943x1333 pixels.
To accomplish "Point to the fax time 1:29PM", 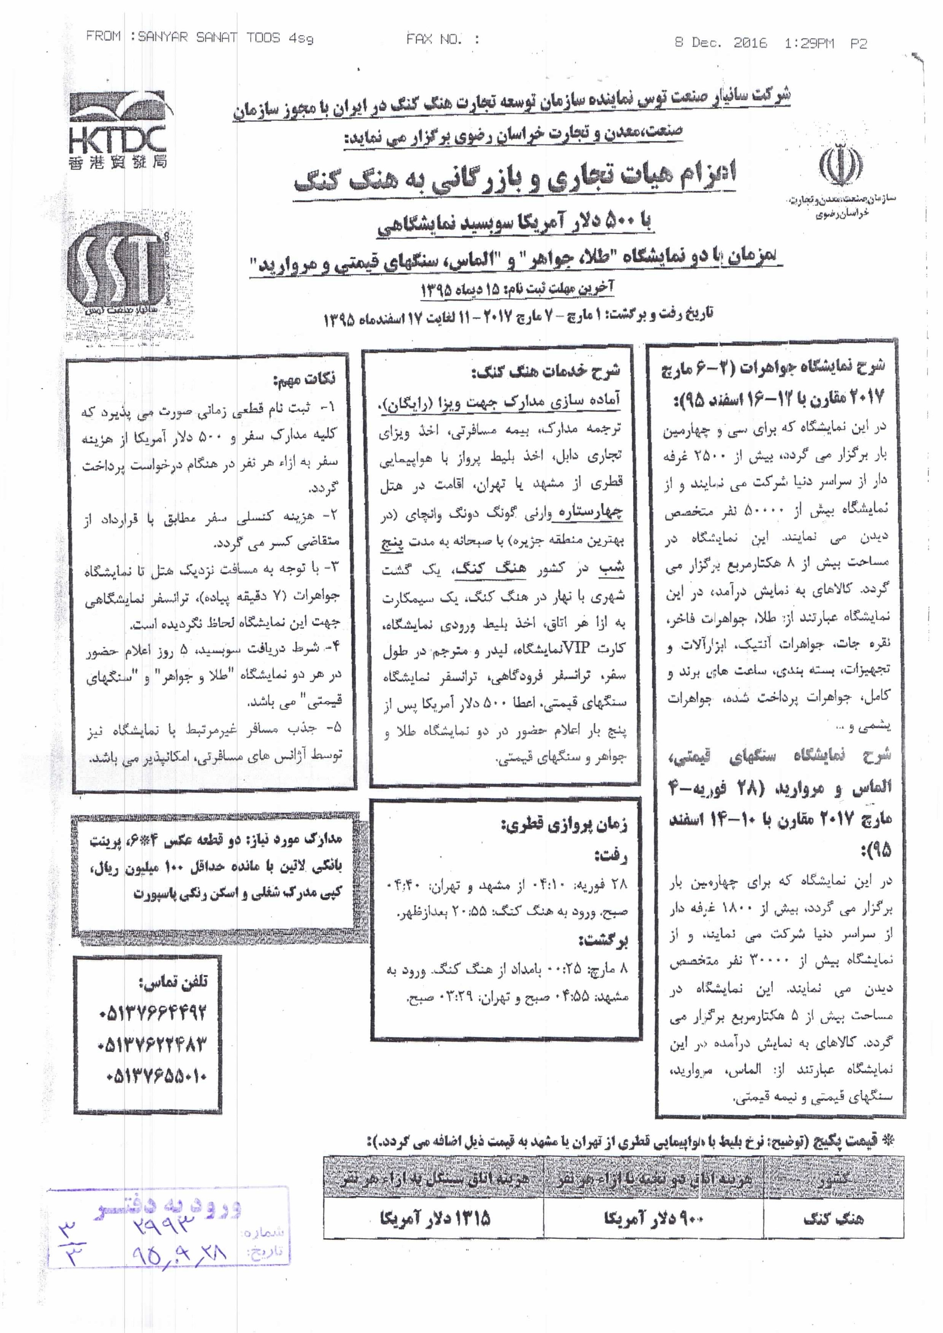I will coord(809,43).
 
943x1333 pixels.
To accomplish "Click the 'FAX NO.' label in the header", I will coord(434,40).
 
